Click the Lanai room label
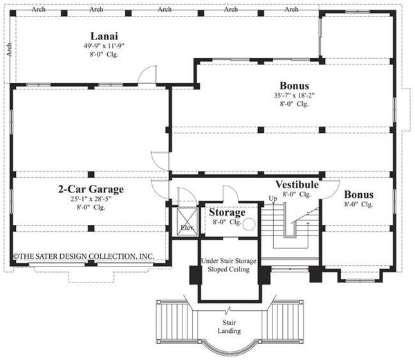tap(102, 35)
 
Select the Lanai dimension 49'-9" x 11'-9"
tap(102, 46)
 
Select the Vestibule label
tap(296, 185)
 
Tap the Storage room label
tap(227, 213)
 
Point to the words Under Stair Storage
tap(229, 260)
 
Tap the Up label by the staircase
tap(272, 198)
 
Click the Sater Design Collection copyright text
tap(84, 256)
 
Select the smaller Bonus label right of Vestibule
tap(358, 195)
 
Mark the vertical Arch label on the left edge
tap(9, 49)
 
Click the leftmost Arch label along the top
tap(38, 9)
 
